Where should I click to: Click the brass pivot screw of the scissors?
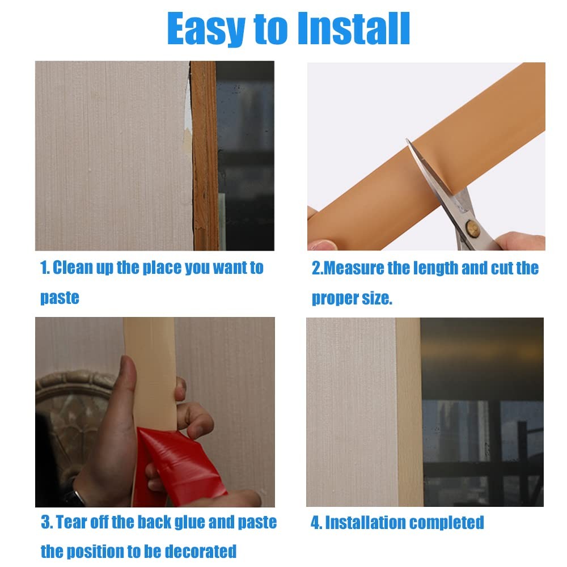(472, 228)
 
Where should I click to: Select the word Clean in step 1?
(73, 268)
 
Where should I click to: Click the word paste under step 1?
(60, 298)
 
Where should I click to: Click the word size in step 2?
(377, 298)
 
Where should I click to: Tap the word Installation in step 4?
(365, 523)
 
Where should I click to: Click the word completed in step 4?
(447, 523)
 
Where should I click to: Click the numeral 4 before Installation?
(315, 523)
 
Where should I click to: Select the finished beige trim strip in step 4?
(409, 412)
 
